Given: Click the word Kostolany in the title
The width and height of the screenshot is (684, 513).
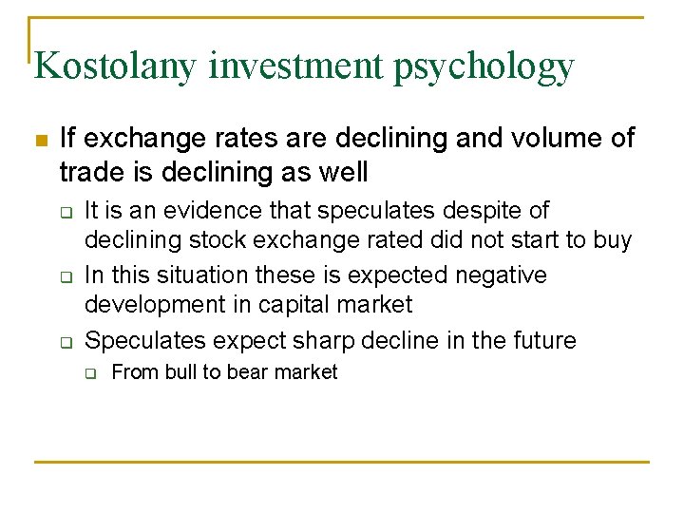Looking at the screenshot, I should click(x=115, y=66).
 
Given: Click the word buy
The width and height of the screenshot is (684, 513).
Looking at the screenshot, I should click(x=612, y=240).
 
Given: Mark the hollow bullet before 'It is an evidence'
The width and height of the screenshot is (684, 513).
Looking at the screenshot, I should click(x=65, y=212).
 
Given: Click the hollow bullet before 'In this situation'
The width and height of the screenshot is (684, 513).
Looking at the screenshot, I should click(x=65, y=276).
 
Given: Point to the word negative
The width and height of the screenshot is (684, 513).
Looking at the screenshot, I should click(x=501, y=275).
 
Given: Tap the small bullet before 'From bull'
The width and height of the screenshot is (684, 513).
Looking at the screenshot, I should click(x=91, y=373).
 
